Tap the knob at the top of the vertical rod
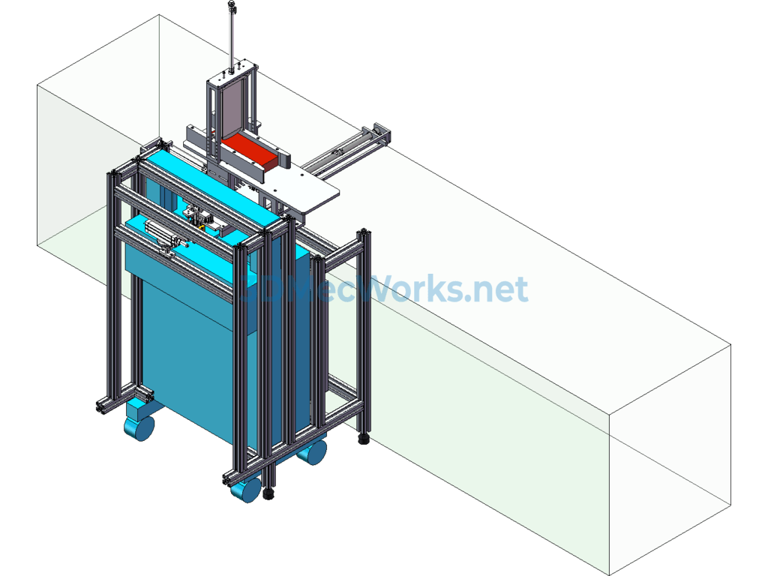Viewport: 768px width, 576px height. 232,8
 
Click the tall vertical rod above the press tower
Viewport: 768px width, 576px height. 232,37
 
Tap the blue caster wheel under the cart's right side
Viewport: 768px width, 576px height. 312,451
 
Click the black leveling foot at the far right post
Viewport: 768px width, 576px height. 364,438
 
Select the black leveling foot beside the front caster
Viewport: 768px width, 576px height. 268,494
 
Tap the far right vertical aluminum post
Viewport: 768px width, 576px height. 365,330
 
